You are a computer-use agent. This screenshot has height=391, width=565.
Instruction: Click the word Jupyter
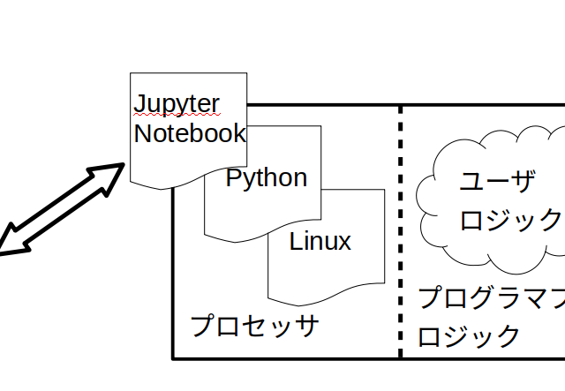177,104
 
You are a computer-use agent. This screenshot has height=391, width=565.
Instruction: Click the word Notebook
189,134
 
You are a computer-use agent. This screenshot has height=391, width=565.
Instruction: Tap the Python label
267,178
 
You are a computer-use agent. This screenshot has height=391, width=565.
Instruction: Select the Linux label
320,241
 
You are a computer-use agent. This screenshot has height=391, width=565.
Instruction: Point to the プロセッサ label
254,326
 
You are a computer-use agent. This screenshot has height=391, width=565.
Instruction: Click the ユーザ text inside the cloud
498,184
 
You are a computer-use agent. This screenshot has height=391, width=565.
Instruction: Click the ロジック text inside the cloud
510,220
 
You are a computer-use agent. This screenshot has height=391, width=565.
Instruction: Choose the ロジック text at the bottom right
469,335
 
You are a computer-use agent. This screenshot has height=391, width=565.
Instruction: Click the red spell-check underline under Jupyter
177,116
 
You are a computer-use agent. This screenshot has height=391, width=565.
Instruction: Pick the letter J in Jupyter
140,104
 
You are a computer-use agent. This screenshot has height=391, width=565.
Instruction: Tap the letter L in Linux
296,241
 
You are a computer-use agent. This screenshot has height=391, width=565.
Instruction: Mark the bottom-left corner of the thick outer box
173,357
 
